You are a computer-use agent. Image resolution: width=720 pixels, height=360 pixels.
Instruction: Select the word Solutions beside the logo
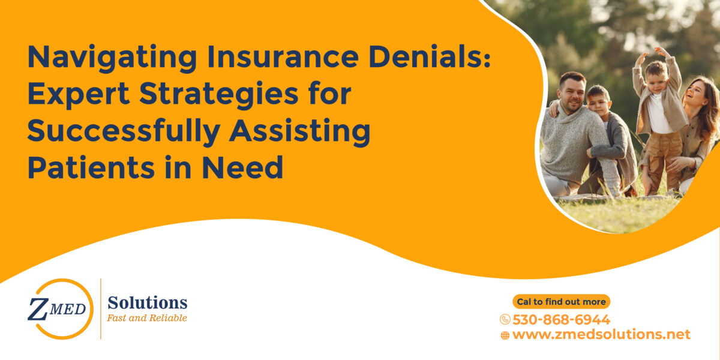click(147, 302)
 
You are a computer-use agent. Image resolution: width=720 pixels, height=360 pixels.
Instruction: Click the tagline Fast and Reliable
click(147, 318)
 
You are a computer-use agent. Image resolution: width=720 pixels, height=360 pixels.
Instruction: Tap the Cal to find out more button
click(561, 302)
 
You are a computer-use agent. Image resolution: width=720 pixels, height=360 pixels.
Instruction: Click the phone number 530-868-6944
click(561, 319)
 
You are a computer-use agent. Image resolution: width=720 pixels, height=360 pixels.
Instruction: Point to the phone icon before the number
click(505, 320)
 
